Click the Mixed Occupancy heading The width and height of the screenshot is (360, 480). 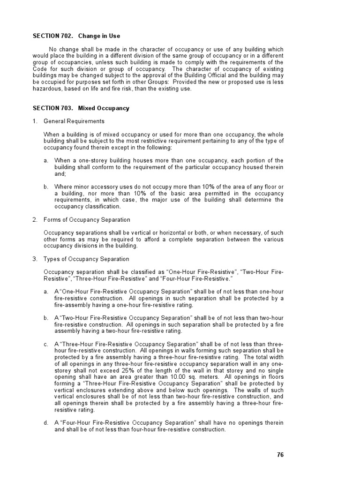pos(104,108)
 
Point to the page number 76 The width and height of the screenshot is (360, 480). pos(280,455)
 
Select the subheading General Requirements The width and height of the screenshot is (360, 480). pos(74,121)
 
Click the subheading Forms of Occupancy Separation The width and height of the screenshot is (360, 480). pos(87,220)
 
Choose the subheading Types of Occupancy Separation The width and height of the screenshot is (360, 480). pos(86,259)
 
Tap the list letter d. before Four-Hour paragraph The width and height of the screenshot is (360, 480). pos(46,422)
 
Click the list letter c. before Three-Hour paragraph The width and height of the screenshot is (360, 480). pos(46,344)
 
